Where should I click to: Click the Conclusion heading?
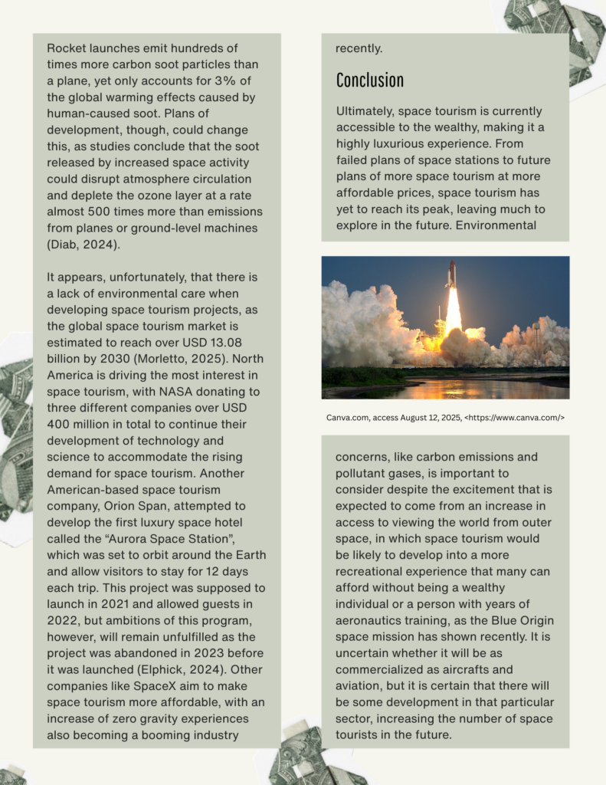369,80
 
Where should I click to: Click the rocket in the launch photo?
451,274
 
